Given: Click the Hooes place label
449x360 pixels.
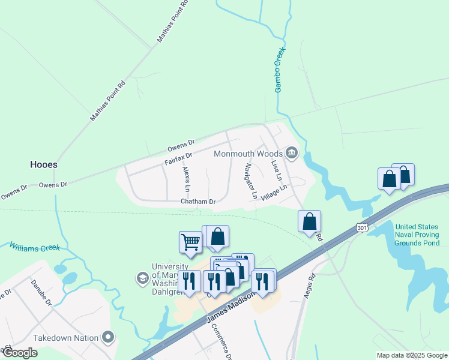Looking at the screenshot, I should coord(44,164).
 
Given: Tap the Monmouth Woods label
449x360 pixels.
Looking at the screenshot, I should coord(248,154).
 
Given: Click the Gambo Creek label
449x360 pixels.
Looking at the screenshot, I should coord(279,70).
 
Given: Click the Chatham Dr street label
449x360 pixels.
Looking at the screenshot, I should coord(198,202).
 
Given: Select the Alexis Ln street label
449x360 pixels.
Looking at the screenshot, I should coord(186,179).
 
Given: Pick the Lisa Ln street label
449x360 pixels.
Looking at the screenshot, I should coord(276,171).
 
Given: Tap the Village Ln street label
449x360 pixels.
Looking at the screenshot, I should coord(274,192).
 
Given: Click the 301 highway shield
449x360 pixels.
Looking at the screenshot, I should coord(361,227).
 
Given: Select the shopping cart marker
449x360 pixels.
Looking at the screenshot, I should coord(190,241).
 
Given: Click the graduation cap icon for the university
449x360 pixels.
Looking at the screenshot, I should coord(143,277).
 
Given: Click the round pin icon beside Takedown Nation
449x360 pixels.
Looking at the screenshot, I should coord(109,338).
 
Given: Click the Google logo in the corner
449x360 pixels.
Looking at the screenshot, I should coord(19,353).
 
